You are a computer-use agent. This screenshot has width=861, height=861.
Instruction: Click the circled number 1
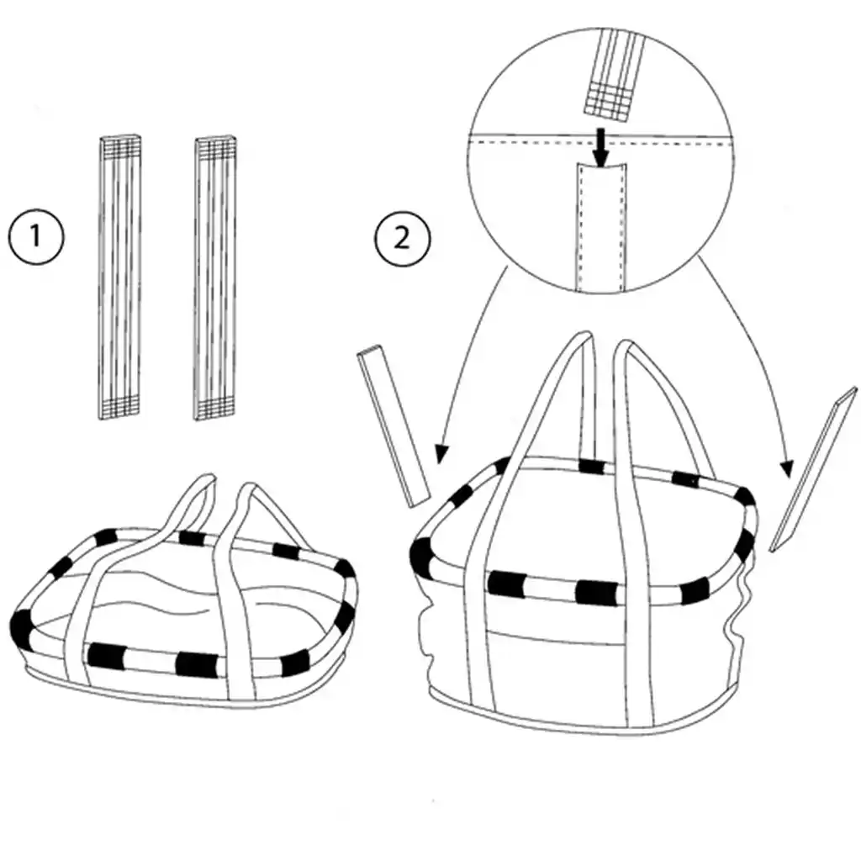click(x=35, y=236)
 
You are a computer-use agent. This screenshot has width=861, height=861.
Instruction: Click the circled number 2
click(x=401, y=238)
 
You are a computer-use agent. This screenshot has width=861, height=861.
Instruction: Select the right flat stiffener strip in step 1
click(x=215, y=277)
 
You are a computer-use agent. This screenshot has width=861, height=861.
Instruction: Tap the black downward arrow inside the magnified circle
click(x=600, y=146)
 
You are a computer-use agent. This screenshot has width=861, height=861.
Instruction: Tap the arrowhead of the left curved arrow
click(x=438, y=455)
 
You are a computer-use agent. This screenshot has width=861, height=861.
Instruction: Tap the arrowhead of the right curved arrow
click(x=788, y=469)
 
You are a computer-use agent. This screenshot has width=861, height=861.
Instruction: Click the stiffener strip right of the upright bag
click(x=805, y=476)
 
